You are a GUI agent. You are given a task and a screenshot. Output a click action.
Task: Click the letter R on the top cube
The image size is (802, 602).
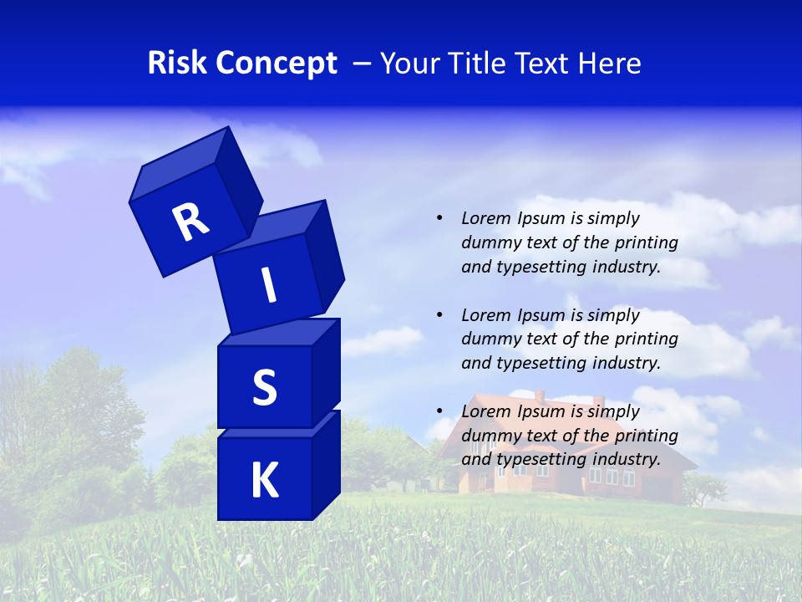pyautogui.click(x=190, y=222)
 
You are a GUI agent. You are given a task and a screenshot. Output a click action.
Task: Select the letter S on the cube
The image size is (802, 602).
pyautogui.click(x=264, y=388)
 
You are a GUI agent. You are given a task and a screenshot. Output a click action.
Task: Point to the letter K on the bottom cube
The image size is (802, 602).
pyautogui.click(x=264, y=482)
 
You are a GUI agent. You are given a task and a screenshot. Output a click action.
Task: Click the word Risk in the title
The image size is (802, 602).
pyautogui.click(x=177, y=64)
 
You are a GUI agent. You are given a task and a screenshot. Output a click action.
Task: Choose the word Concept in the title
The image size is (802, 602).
pyautogui.click(x=277, y=64)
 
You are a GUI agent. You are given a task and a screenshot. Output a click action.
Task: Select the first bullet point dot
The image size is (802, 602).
pyautogui.click(x=439, y=218)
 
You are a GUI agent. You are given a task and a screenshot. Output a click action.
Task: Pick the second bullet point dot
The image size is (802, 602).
pyautogui.click(x=439, y=315)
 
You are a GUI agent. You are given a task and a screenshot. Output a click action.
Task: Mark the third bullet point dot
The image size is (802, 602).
pyautogui.click(x=439, y=411)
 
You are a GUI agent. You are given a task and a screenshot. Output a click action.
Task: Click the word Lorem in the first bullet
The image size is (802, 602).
pyautogui.click(x=485, y=218)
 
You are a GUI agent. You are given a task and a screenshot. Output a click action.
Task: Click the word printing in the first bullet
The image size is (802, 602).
pyautogui.click(x=647, y=242)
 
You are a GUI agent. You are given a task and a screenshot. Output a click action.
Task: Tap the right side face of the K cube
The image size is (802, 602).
pyautogui.click(x=326, y=464)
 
